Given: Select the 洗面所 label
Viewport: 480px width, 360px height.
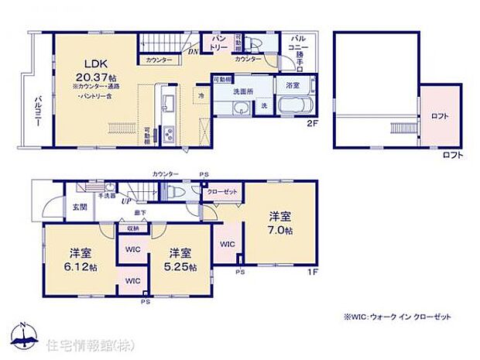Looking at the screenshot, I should [x=246, y=93].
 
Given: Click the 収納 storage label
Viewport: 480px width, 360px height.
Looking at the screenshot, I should [x=132, y=228].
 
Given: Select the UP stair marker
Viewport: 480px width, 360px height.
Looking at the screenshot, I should [x=125, y=201].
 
